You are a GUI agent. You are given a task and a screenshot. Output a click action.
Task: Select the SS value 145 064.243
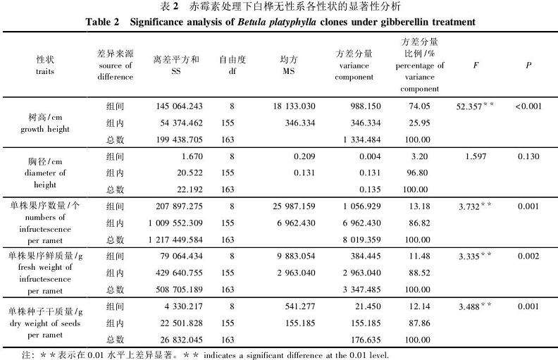point(179,106)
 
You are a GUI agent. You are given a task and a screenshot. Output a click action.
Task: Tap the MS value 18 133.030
point(295,106)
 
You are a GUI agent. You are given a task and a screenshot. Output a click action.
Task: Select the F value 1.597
point(476,156)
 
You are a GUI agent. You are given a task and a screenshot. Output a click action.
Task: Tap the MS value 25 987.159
point(295,206)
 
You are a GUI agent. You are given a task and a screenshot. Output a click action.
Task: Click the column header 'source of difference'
point(115,65)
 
